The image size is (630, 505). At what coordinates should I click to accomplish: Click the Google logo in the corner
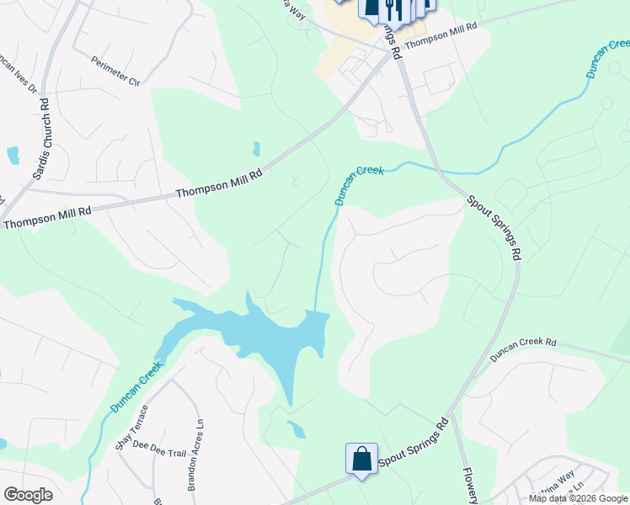(x=28, y=495)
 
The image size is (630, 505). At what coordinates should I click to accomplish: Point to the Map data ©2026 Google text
(x=577, y=498)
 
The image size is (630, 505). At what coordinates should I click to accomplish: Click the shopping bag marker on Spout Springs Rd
(x=361, y=460)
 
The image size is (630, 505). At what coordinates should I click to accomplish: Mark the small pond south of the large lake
(x=296, y=429)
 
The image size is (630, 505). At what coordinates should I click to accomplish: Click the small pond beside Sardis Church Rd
(x=13, y=155)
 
